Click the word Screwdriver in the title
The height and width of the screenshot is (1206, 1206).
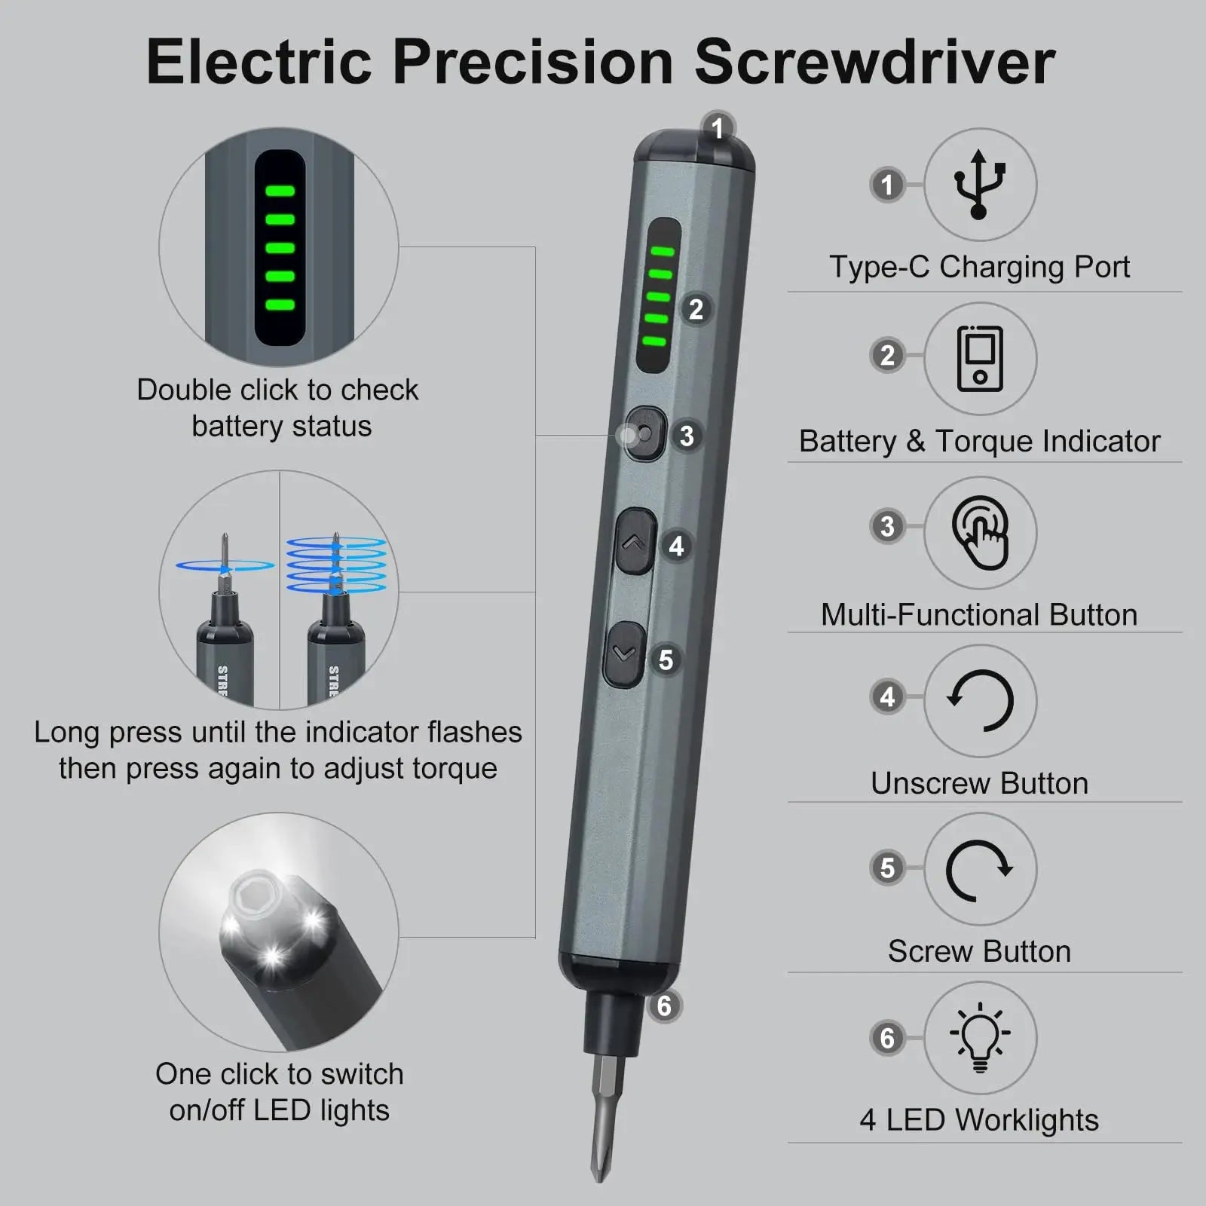[x=874, y=62]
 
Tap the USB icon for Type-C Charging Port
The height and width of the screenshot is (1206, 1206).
[x=979, y=185]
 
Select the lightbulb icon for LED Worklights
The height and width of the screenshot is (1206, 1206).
[x=979, y=1038]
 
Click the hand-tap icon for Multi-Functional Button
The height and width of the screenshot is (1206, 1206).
[x=979, y=532]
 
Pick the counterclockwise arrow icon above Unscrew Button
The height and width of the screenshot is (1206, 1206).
[x=979, y=701]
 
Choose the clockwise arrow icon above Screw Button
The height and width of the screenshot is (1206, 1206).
[x=979, y=870]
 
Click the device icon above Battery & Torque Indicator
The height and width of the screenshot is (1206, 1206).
[x=979, y=358]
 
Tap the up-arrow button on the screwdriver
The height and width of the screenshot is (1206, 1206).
[x=635, y=542]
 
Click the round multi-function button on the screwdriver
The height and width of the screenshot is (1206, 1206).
[x=645, y=434]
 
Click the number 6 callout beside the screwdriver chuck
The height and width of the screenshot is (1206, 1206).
[x=664, y=1006]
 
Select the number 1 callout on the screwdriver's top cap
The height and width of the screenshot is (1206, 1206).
[x=718, y=127]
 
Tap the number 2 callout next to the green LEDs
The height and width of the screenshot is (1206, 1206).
[x=696, y=309]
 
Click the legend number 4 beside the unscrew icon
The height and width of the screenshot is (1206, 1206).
[x=887, y=696]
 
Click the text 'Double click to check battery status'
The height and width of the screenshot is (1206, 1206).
[x=278, y=408]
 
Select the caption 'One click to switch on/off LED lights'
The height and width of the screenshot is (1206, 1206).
[x=279, y=1091]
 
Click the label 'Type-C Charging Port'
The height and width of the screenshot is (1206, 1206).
[x=979, y=267]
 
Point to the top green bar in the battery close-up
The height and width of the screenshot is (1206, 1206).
[x=280, y=191]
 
